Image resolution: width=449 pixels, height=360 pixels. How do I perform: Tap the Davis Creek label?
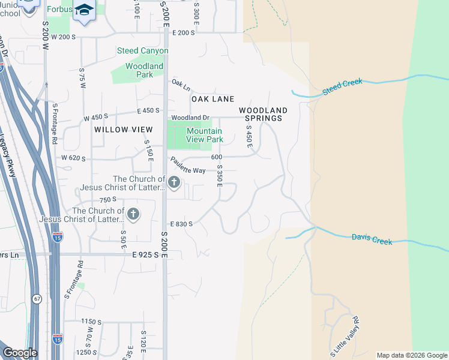click(x=372, y=239)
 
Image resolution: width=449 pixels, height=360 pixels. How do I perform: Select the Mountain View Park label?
click(x=205, y=135)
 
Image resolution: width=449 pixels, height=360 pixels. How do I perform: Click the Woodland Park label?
click(x=145, y=70)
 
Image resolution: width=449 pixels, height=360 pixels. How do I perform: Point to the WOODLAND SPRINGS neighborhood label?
click(x=263, y=114)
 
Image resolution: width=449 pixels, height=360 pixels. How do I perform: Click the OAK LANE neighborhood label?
click(x=212, y=98)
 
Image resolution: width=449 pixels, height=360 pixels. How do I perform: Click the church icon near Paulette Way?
click(x=174, y=182)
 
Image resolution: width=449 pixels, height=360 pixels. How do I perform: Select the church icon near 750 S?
click(x=133, y=214)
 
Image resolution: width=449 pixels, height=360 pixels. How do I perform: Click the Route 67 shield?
click(x=37, y=298)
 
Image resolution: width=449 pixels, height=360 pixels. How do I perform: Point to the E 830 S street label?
click(x=181, y=224)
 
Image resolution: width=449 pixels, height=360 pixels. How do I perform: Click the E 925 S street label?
click(x=149, y=255)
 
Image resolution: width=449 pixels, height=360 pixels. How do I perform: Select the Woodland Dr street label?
click(x=190, y=118)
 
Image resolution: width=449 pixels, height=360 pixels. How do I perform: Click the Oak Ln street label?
click(x=181, y=84)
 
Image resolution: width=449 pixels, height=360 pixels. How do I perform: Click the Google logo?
click(x=20, y=353)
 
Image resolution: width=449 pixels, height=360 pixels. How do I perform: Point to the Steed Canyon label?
click(x=143, y=51)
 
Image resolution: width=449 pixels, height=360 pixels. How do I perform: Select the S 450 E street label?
click(x=249, y=137)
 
